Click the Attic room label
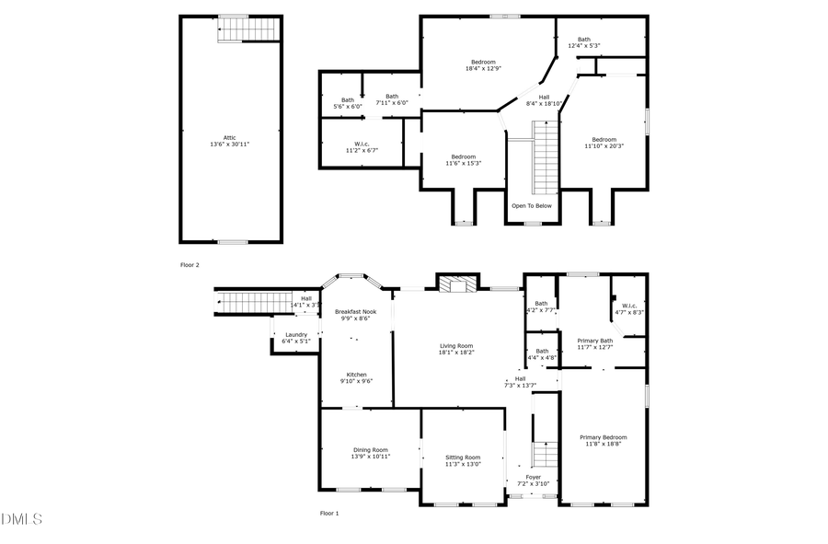[229, 141]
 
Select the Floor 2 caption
[189, 264]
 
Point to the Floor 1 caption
[329, 513]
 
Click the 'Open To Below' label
[532, 205]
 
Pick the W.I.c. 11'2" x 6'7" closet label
[361, 146]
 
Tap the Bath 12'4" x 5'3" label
[583, 41]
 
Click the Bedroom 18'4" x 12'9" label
[484, 65]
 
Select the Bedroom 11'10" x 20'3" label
[604, 143]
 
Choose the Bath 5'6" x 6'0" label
[347, 103]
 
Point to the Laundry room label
[295, 338]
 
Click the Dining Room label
[370, 453]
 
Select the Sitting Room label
[463, 460]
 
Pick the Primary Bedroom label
[603, 440]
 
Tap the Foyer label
[533, 480]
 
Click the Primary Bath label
[594, 343]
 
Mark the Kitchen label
[356, 377]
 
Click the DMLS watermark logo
[21, 520]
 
